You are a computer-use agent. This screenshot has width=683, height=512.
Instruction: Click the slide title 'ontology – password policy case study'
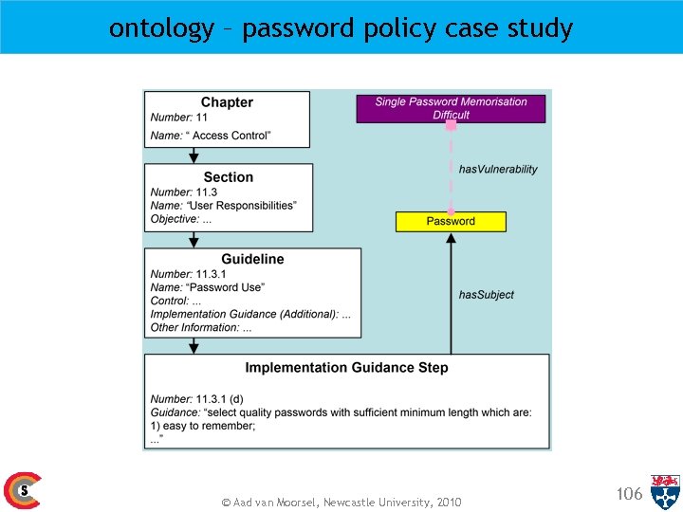[x=341, y=27]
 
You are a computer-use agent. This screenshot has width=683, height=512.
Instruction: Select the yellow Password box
[x=451, y=221]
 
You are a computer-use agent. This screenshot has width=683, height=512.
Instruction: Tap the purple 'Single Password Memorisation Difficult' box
[x=451, y=108]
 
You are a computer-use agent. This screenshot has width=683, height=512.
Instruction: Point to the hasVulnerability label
[x=498, y=170]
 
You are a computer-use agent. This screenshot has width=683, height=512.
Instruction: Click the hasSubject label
[x=486, y=295]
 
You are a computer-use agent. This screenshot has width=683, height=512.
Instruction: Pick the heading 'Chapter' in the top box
[x=227, y=102]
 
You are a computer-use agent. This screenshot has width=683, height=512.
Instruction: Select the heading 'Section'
[x=228, y=177]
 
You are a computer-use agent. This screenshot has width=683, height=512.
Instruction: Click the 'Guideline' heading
[x=252, y=259]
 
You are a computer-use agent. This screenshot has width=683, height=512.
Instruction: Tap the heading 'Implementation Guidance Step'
[x=346, y=368]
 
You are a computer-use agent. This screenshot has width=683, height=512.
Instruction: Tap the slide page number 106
[x=629, y=493]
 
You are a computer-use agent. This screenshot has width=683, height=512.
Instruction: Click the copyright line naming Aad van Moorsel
[x=341, y=502]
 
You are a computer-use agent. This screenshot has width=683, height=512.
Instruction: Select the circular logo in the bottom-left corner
[x=21, y=490]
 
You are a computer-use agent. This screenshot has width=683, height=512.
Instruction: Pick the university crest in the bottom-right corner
[x=665, y=491]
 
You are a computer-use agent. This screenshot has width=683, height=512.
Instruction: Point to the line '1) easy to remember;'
[x=203, y=427]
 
